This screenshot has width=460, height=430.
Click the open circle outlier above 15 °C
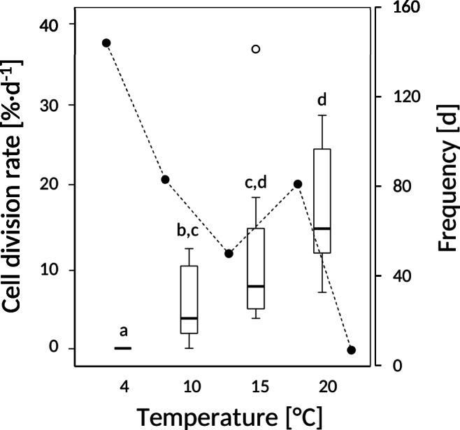pyautogui.click(x=256, y=49)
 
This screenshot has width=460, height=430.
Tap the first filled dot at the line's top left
pyautogui.click(x=106, y=43)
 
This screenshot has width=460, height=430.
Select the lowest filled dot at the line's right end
pyautogui.click(x=352, y=350)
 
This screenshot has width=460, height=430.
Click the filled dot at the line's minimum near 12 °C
pyautogui.click(x=229, y=253)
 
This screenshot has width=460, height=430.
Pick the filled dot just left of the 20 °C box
pyautogui.click(x=297, y=184)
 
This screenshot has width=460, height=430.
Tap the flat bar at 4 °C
pyautogui.click(x=123, y=347)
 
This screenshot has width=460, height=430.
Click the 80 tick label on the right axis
pyautogui.click(x=396, y=187)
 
